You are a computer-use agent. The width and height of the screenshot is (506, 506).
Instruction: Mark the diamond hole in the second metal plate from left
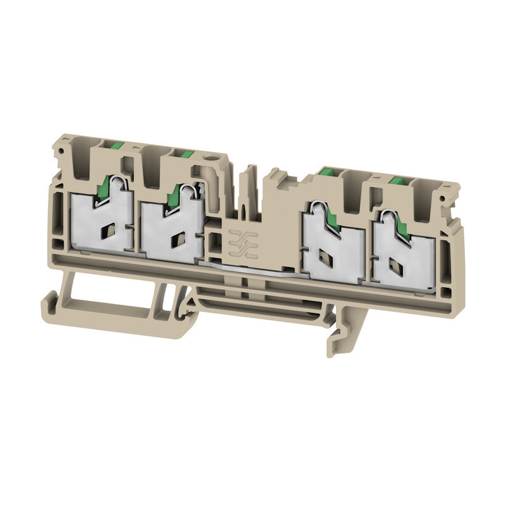pyautogui.click(x=178, y=238)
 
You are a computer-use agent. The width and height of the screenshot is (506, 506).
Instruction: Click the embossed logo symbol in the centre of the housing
pyautogui.click(x=240, y=243)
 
